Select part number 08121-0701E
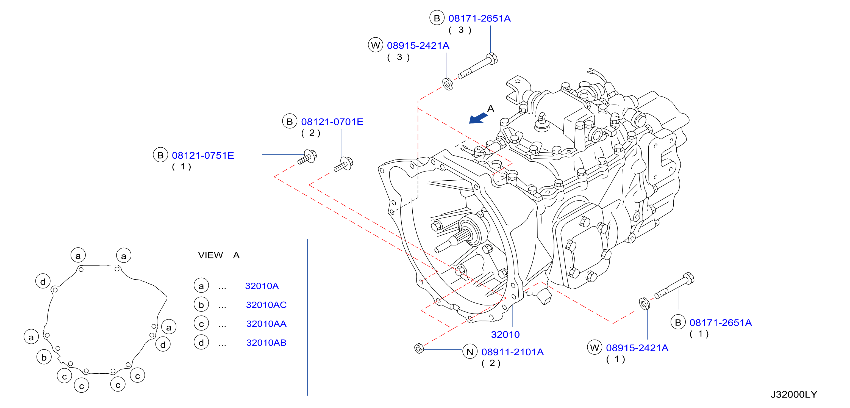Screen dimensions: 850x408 tap(332, 122)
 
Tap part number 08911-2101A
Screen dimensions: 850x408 tap(512, 352)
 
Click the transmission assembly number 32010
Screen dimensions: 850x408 tap(505, 334)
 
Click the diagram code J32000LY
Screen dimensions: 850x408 tap(794, 395)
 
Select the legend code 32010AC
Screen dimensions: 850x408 tap(266, 305)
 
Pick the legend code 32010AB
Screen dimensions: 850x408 tap(266, 343)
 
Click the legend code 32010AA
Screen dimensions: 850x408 tap(266, 324)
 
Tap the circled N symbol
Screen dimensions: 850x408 tap(470, 352)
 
